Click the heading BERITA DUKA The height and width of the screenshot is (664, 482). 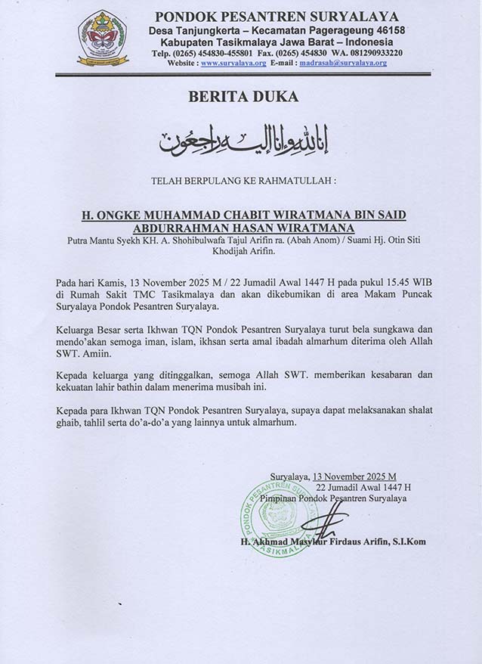(x=241, y=97)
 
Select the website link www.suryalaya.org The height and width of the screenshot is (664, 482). (x=233, y=64)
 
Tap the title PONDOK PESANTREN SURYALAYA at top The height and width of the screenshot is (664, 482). (x=277, y=16)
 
